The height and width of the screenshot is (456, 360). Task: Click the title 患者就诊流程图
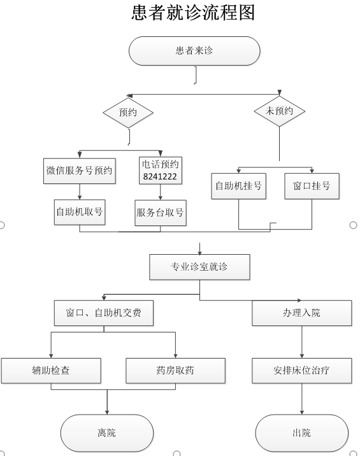[x=193, y=13]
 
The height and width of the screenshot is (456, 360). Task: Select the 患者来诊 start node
[x=194, y=51]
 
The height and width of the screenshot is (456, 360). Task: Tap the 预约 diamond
[x=128, y=113]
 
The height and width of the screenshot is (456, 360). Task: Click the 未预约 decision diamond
[x=279, y=111]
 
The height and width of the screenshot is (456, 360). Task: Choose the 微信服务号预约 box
[x=80, y=171]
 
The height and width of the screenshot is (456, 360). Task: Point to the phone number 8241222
[x=160, y=176]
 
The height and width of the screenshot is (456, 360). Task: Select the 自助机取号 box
[x=80, y=212]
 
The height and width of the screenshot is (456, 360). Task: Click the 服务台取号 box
[x=161, y=213]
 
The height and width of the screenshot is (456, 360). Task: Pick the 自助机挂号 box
[x=239, y=186]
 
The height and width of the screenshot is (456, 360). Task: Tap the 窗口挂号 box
[x=312, y=186]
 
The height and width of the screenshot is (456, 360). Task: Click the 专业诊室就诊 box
[x=199, y=267]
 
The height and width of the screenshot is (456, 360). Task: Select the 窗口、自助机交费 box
[x=104, y=313]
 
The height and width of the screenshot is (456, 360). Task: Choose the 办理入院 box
[x=302, y=313]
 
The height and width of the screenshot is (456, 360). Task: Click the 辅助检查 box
[x=51, y=371]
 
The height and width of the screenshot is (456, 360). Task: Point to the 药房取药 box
[x=175, y=371]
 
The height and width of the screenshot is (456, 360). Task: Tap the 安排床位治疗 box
[x=302, y=371]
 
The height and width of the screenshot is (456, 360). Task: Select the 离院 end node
[x=107, y=432]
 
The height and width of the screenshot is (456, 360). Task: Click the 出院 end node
[x=302, y=432]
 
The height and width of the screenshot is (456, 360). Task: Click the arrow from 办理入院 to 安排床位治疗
[x=302, y=342]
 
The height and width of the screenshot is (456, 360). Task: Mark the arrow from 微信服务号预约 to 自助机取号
[x=80, y=191]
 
